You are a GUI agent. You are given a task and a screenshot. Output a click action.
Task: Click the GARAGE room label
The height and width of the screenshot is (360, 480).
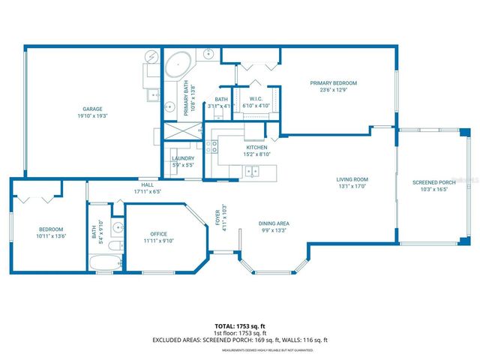pos(92,109)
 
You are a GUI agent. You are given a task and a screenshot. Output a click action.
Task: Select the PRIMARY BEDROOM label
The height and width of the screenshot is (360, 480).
pos(334,82)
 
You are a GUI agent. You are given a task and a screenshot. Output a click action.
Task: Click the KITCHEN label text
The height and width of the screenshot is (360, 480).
pos(256,148)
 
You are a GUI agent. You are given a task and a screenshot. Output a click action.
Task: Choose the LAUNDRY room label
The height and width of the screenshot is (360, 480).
pos(183,158)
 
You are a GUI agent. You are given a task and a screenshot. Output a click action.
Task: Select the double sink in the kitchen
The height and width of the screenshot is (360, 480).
pos(253,172)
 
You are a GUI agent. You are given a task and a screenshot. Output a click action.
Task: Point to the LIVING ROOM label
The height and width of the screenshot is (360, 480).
pos(351,179)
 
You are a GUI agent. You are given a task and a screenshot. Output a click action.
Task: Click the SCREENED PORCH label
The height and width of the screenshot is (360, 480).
pos(433,183)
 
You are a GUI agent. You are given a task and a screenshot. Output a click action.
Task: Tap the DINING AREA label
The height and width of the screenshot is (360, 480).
pos(274,223)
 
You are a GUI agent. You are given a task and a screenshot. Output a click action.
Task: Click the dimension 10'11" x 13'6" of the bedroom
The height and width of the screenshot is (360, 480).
pos(52,236)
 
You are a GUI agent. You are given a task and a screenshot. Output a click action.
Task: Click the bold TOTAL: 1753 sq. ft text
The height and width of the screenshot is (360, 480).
pos(239,326)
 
